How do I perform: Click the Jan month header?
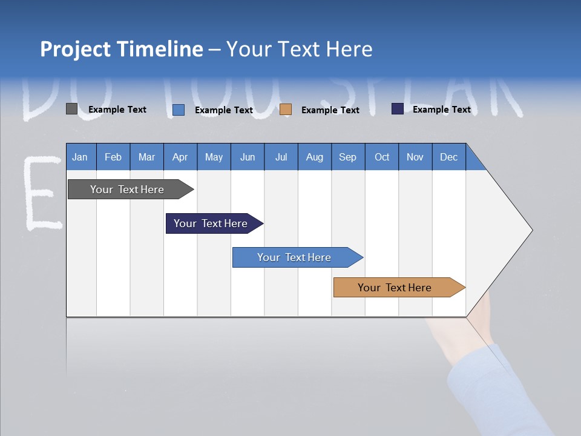pyautogui.click(x=80, y=157)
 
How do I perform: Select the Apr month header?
pyautogui.click(x=180, y=157)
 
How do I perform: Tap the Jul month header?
pyautogui.click(x=281, y=157)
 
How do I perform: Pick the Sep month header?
pyautogui.click(x=347, y=157)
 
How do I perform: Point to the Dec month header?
pyautogui.click(x=448, y=157)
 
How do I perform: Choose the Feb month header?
pyautogui.click(x=113, y=157)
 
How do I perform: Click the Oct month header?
pyautogui.click(x=382, y=157)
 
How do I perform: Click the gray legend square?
pyautogui.click(x=71, y=109)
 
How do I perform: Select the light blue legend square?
pyautogui.click(x=179, y=110)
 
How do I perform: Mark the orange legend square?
pyautogui.click(x=286, y=110)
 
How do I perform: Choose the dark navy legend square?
pyautogui.click(x=398, y=109)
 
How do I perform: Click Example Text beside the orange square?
pyautogui.click(x=330, y=110)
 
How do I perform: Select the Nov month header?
pyautogui.click(x=415, y=157)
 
